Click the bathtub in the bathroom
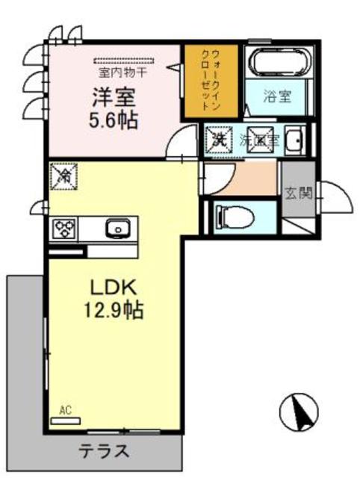click(275, 63)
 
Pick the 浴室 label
click(276, 97)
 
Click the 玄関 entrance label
click(298, 193)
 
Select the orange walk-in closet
click(211, 81)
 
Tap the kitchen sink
click(117, 229)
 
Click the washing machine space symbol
click(218, 138)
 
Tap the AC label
click(65, 409)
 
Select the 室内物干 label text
click(123, 73)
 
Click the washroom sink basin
click(294, 140)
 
